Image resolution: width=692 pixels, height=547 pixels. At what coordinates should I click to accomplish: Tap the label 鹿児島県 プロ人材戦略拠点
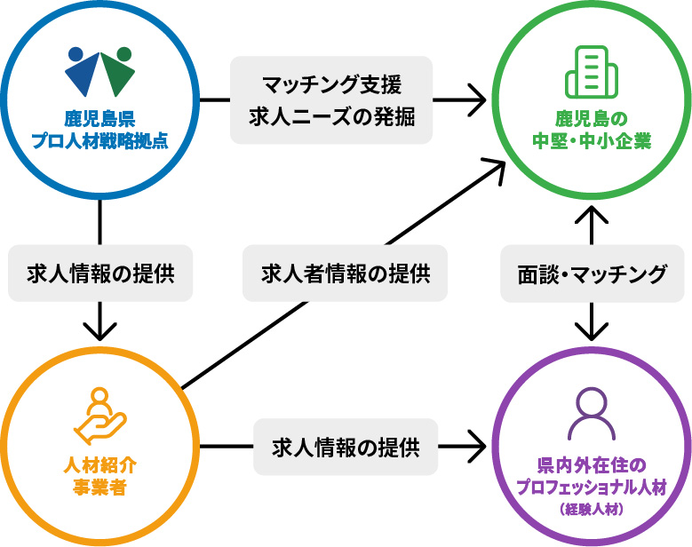(99, 128)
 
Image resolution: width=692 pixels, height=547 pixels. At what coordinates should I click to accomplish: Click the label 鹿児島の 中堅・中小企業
(591, 128)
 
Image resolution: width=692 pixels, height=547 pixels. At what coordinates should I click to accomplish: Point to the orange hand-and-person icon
(99, 416)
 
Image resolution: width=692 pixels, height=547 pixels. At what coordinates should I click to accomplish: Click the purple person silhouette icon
(591, 414)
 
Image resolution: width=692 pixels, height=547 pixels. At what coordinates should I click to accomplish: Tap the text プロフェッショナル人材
(591, 488)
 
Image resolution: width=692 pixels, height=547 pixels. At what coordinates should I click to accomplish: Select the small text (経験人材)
(591, 510)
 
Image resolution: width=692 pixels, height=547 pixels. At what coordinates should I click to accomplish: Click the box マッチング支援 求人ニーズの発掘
(331, 100)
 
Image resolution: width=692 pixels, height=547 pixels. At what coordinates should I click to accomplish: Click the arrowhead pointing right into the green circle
(477, 99)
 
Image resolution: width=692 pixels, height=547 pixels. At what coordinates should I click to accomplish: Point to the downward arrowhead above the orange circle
(99, 330)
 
